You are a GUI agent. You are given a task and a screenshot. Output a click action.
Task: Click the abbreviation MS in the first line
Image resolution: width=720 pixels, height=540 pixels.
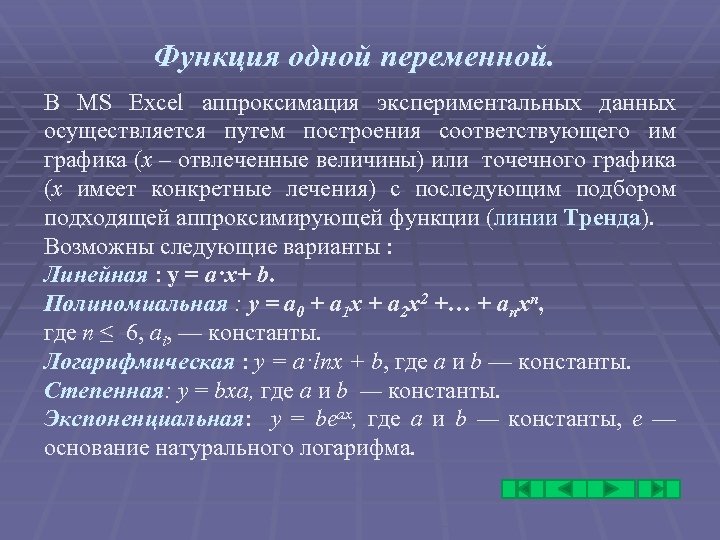coord(96,102)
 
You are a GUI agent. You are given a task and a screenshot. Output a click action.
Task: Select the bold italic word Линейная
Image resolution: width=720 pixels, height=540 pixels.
coord(84,273)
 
